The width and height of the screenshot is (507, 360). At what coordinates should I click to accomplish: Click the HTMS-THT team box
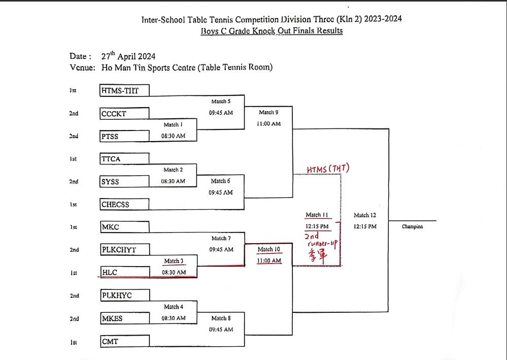tap(124, 91)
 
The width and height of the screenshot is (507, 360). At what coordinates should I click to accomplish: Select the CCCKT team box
tap(124, 113)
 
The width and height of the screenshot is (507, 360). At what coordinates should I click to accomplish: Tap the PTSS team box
tap(124, 136)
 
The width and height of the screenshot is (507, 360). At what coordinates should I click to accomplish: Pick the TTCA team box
tap(124, 158)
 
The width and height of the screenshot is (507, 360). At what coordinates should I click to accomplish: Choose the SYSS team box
tap(124, 181)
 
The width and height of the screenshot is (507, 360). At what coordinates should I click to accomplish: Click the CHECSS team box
tap(124, 204)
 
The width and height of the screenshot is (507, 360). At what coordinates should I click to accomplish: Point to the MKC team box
tap(124, 226)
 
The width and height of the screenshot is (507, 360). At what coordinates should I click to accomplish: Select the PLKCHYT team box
tap(124, 249)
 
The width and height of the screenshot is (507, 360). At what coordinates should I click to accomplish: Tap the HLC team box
tap(124, 272)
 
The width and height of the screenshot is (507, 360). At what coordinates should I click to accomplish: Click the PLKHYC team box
tap(124, 295)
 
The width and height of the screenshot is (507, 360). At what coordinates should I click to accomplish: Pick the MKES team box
tap(124, 318)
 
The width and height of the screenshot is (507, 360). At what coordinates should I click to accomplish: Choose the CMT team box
tap(124, 341)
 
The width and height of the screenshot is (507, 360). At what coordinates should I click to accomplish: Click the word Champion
tap(412, 226)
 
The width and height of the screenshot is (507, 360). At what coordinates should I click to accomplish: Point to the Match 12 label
tap(365, 215)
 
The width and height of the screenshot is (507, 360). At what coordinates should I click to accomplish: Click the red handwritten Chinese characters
tap(317, 258)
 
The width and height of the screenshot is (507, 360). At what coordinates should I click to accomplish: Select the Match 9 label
tap(268, 112)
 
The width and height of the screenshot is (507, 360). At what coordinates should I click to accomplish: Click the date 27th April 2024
tap(128, 56)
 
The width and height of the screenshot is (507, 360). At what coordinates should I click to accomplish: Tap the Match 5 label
tap(221, 102)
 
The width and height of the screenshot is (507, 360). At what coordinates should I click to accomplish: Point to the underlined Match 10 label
tap(269, 249)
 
